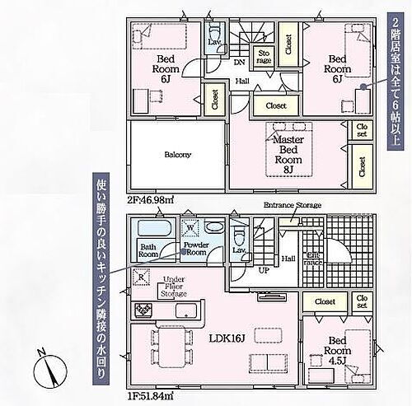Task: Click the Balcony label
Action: (177, 154)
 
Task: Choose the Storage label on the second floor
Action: (265, 56)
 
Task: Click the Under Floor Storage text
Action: (173, 286)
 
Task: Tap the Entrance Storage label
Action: (292, 204)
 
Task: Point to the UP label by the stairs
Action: (263, 269)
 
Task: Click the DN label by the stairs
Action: (239, 63)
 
